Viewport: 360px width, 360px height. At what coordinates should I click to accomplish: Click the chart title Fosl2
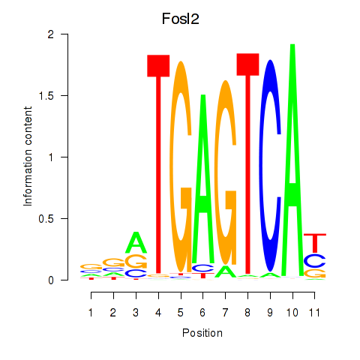point(181,19)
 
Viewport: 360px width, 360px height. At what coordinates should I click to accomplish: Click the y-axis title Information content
point(28,156)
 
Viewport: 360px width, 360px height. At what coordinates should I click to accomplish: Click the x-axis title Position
point(202,333)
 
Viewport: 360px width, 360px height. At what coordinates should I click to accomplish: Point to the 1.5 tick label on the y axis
point(46,95)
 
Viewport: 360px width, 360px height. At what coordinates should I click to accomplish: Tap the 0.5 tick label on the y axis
point(46,219)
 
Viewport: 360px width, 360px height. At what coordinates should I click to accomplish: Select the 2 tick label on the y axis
point(51,34)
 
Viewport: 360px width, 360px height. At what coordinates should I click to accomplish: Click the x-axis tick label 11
point(314,313)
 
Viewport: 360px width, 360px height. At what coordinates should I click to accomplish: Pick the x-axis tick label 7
point(225,313)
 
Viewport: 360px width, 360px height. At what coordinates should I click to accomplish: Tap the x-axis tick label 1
point(91,313)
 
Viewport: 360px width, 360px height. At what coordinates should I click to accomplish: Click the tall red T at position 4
point(158,164)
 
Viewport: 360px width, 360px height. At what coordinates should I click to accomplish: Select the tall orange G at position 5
point(181,167)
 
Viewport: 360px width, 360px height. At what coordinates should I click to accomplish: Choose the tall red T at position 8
point(247,163)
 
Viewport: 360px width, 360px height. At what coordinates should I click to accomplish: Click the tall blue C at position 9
point(270,166)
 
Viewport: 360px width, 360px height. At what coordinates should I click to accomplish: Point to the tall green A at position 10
point(292,160)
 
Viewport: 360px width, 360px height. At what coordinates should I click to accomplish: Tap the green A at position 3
point(136,242)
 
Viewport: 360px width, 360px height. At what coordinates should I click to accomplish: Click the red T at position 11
point(315,243)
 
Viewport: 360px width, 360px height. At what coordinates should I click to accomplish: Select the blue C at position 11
point(315,260)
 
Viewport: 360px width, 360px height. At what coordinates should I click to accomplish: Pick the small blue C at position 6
point(203,268)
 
